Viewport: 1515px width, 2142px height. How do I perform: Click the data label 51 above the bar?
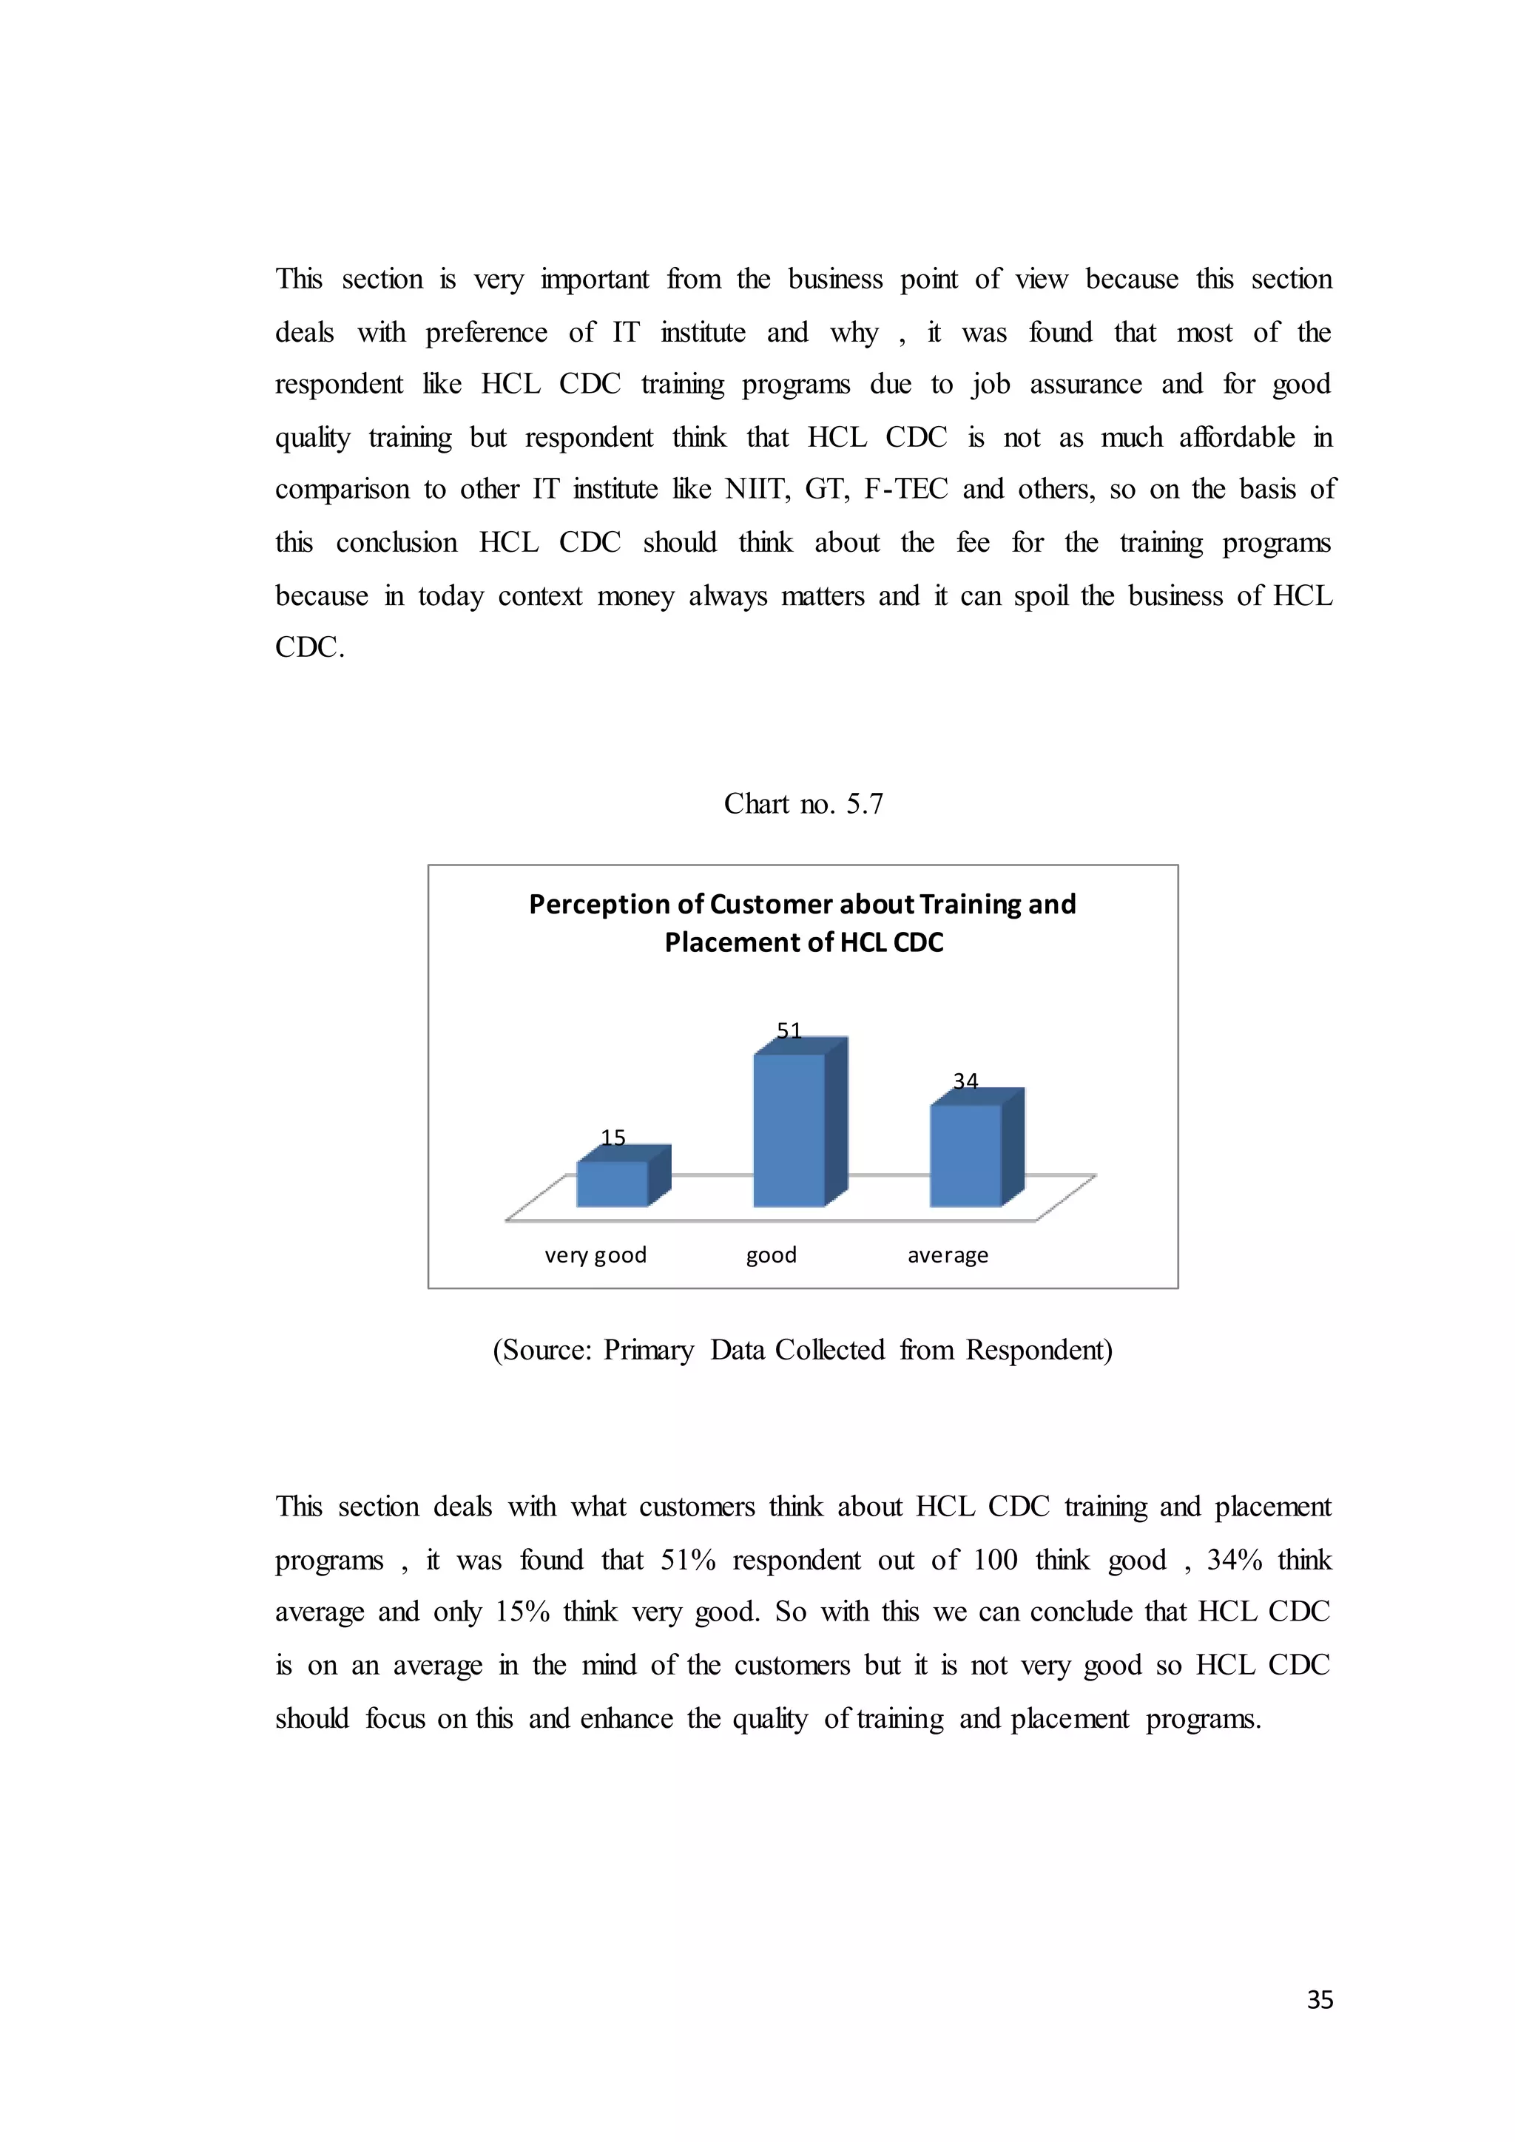[x=789, y=1031]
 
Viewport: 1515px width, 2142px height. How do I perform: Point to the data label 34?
[x=965, y=1081]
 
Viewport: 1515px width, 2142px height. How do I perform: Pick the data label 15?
[x=613, y=1138]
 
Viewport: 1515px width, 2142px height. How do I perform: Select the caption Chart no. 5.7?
[x=803, y=803]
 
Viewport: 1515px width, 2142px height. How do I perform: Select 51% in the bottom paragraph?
[x=687, y=1561]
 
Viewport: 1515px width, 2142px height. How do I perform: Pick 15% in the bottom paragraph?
[x=522, y=1613]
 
